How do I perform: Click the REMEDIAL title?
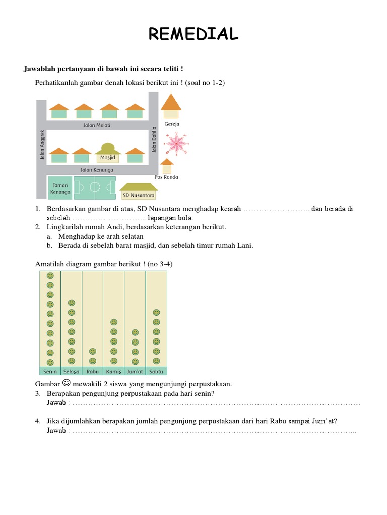click(x=193, y=34)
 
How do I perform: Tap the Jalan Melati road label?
click(x=97, y=125)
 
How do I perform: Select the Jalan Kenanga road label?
click(x=97, y=170)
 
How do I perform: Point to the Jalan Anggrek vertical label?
click(x=42, y=145)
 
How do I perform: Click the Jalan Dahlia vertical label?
click(x=154, y=139)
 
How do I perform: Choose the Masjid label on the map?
click(x=108, y=158)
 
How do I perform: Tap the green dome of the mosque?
click(x=108, y=147)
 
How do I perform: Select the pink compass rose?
click(x=176, y=143)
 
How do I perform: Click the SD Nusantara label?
click(x=139, y=195)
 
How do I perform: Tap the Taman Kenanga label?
click(x=60, y=188)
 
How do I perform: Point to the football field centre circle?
click(x=95, y=188)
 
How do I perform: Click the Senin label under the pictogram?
click(x=50, y=372)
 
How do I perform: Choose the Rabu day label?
click(x=92, y=372)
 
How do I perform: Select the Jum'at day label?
click(x=135, y=372)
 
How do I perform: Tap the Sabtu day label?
click(x=156, y=372)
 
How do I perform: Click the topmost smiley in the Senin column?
click(x=50, y=276)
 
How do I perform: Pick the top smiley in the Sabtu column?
click(x=156, y=313)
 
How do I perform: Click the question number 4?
click(x=38, y=421)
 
